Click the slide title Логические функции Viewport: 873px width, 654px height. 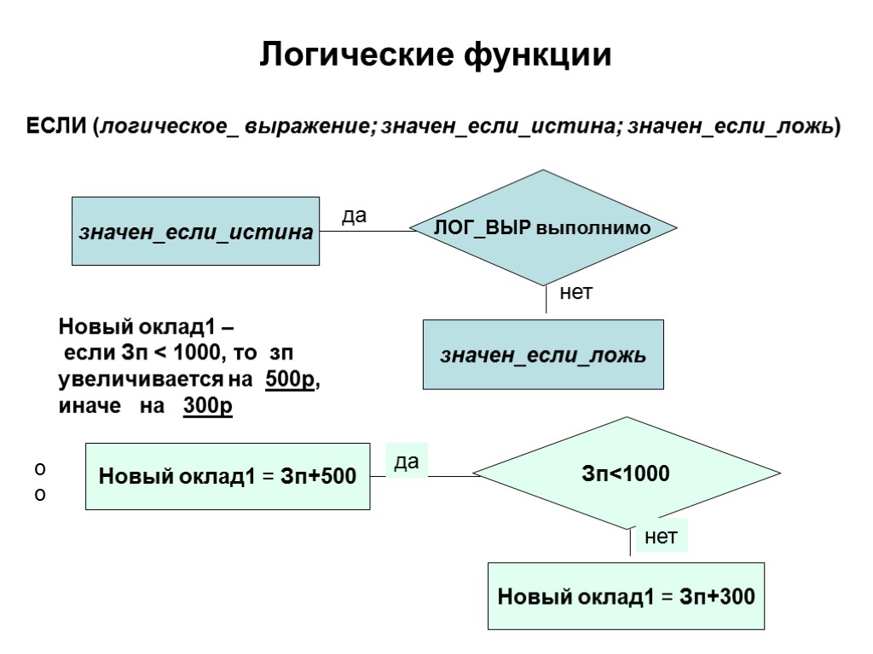click(x=436, y=54)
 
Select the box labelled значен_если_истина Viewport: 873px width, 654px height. click(x=195, y=232)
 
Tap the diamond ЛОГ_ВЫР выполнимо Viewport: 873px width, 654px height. click(x=543, y=228)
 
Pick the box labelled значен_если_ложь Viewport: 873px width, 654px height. click(x=543, y=355)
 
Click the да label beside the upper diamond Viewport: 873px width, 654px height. click(x=354, y=216)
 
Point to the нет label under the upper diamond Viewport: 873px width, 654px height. click(x=575, y=293)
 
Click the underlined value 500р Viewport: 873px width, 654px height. click(x=290, y=380)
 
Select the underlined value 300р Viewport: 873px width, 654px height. click(x=207, y=407)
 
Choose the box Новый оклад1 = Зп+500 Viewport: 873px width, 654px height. click(x=228, y=476)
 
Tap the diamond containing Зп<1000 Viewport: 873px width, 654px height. click(x=627, y=473)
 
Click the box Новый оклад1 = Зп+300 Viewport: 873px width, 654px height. click(x=626, y=596)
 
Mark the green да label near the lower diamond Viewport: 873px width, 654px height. click(x=407, y=461)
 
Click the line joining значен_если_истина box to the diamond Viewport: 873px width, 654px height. click(x=367, y=231)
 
